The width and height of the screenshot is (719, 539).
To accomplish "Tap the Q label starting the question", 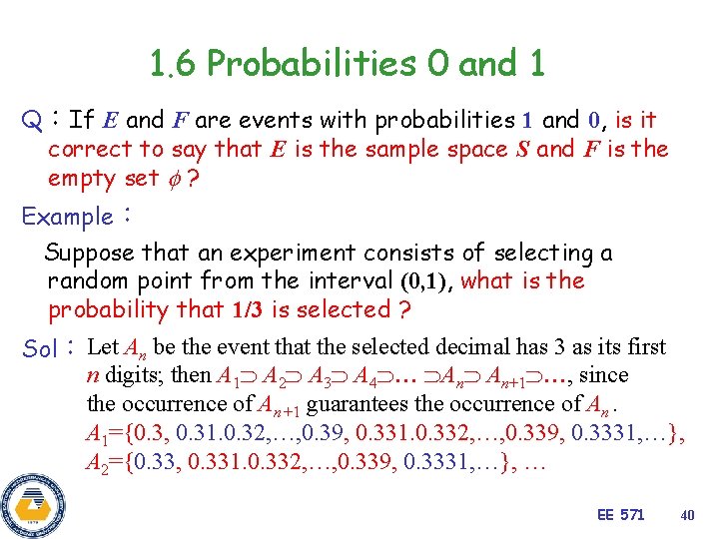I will tap(31, 122).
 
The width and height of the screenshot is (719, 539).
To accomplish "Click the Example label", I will tap(68, 217).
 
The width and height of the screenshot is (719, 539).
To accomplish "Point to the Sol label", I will tap(40, 350).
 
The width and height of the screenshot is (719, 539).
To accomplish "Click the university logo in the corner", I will tap(32, 504).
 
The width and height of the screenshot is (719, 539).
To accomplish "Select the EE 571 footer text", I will tap(620, 514).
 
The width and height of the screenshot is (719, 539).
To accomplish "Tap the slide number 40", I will tap(686, 514).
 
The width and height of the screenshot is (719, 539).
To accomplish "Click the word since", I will tap(604, 376).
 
